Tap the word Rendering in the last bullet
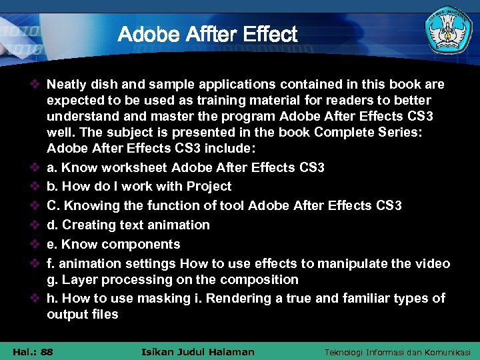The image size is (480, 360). click(x=236, y=298)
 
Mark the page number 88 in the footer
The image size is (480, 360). click(x=47, y=351)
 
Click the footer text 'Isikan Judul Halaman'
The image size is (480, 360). click(x=198, y=351)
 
